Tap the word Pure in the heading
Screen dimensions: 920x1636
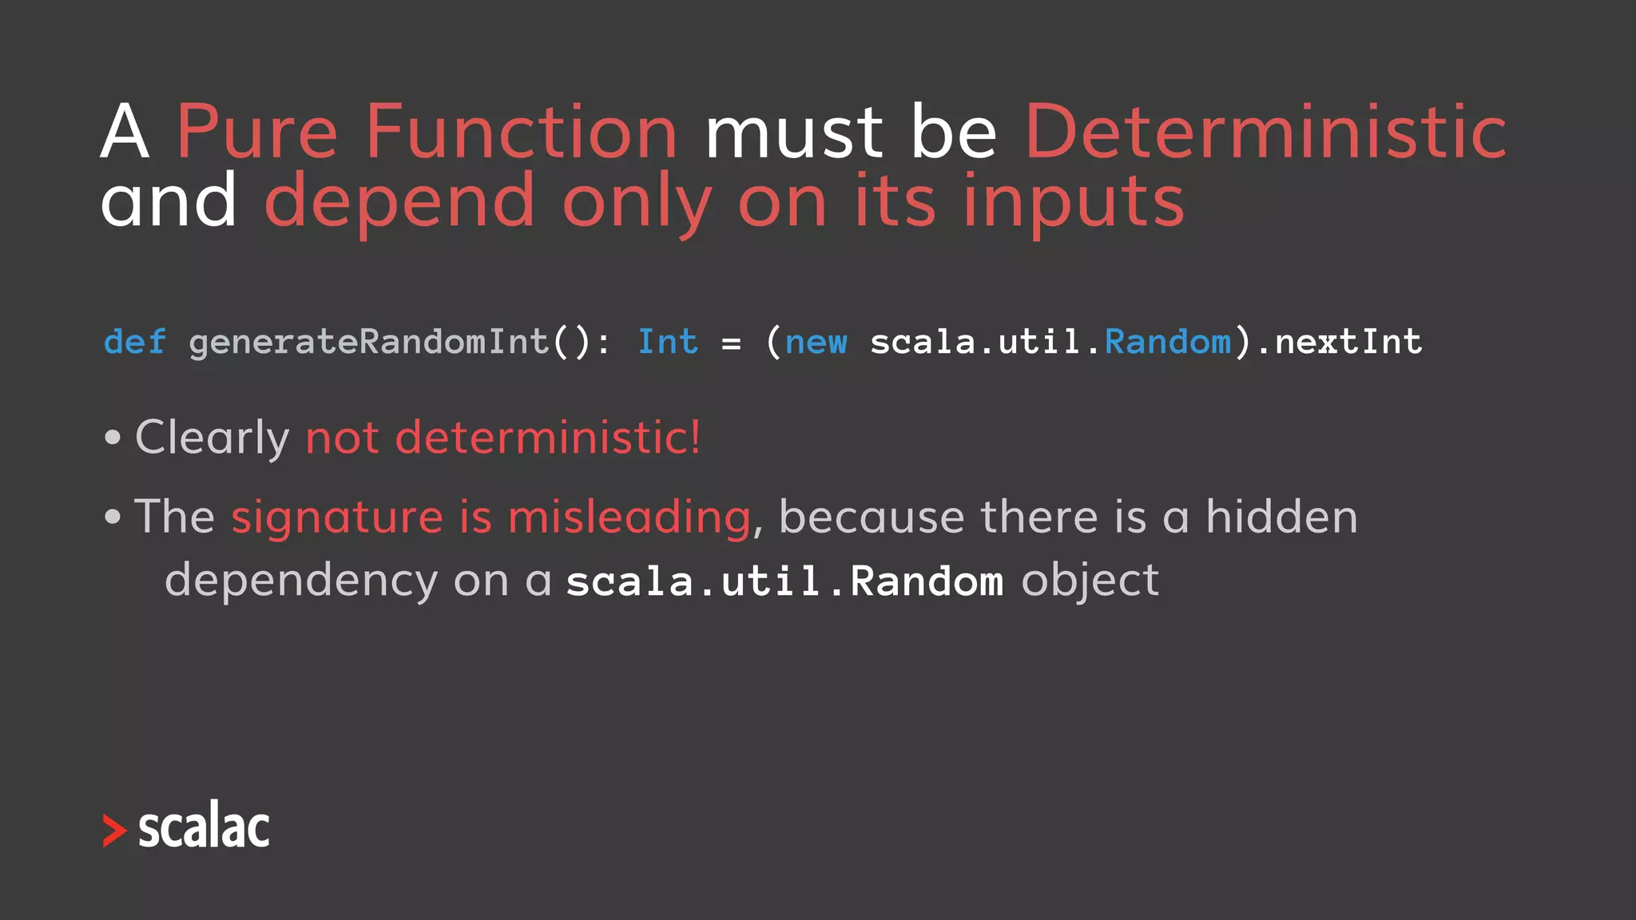(x=256, y=133)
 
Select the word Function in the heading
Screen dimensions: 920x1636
(x=522, y=133)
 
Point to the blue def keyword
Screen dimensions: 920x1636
(x=135, y=342)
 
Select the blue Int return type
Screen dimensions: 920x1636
(x=667, y=342)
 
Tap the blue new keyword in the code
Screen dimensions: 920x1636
(x=816, y=342)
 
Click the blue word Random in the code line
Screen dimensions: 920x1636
(x=1168, y=342)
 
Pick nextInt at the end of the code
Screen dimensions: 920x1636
(x=1348, y=342)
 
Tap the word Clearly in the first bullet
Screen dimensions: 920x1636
(x=212, y=438)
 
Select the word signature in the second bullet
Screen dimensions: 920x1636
(x=336, y=517)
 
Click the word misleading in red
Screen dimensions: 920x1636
(x=629, y=517)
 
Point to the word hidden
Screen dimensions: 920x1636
(x=1281, y=517)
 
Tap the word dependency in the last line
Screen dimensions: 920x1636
(x=301, y=581)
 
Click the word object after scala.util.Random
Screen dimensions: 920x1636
(x=1090, y=581)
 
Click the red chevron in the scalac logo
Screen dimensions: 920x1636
(x=114, y=831)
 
